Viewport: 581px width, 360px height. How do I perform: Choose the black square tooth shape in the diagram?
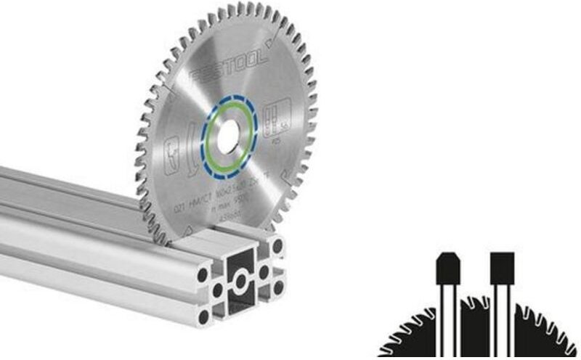point(502,268)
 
